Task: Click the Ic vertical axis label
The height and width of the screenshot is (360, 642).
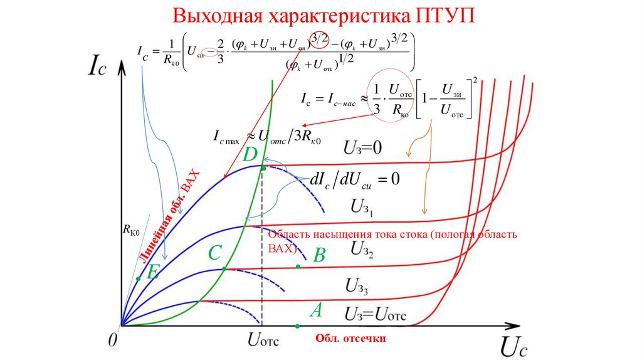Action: [103, 65]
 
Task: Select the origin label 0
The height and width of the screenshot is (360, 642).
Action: [112, 340]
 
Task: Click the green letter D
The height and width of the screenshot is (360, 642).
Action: [250, 154]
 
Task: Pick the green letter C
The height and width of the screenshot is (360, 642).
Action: [215, 253]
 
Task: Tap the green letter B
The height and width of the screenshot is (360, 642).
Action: [319, 255]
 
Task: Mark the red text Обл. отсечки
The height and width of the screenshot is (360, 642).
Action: [350, 339]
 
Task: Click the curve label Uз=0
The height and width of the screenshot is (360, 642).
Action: [362, 148]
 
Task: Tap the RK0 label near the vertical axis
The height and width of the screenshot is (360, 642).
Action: [130, 231]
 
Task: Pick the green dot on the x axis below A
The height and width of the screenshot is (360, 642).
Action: [297, 326]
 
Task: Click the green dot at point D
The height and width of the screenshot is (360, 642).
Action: [263, 169]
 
